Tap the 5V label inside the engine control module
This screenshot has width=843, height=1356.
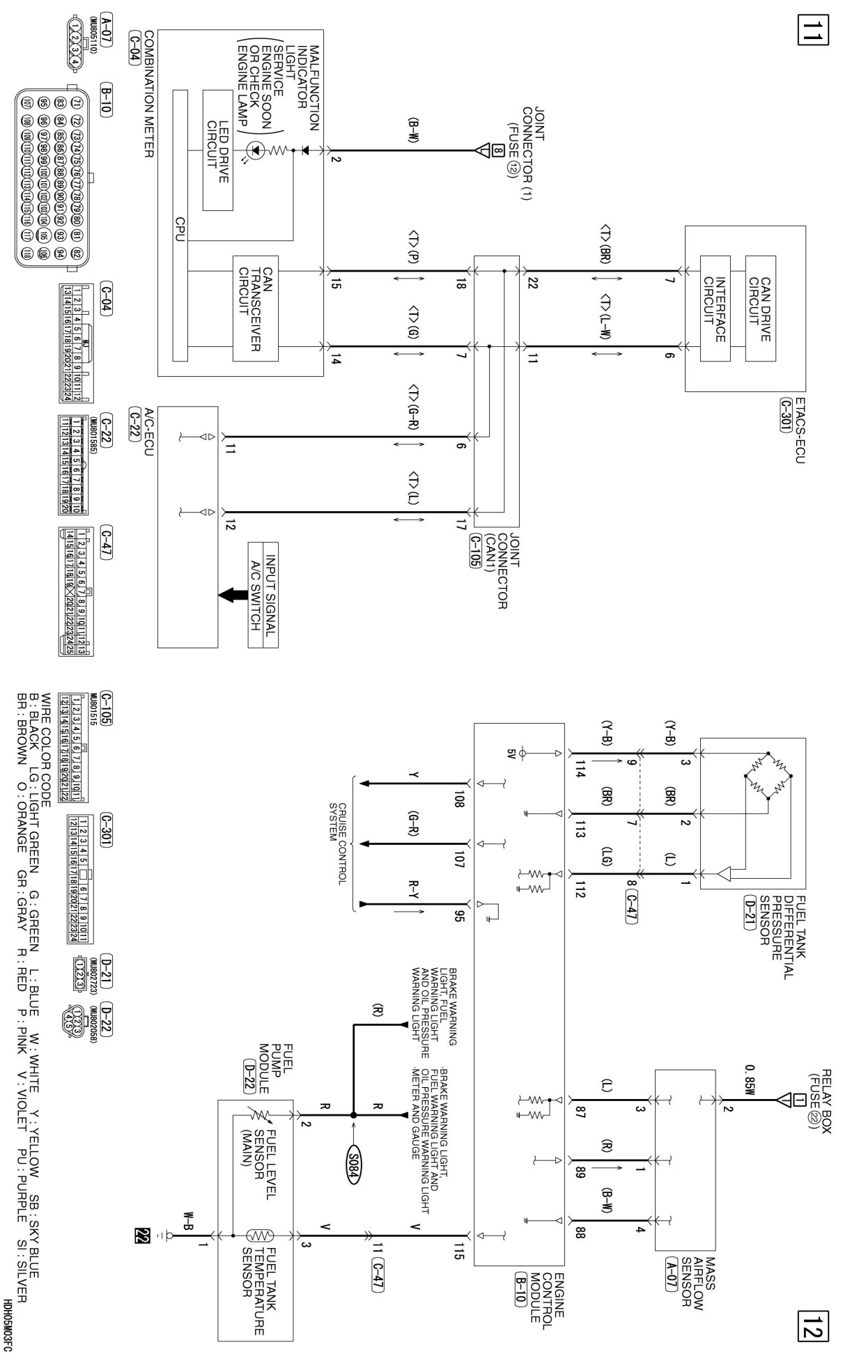[x=515, y=752]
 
